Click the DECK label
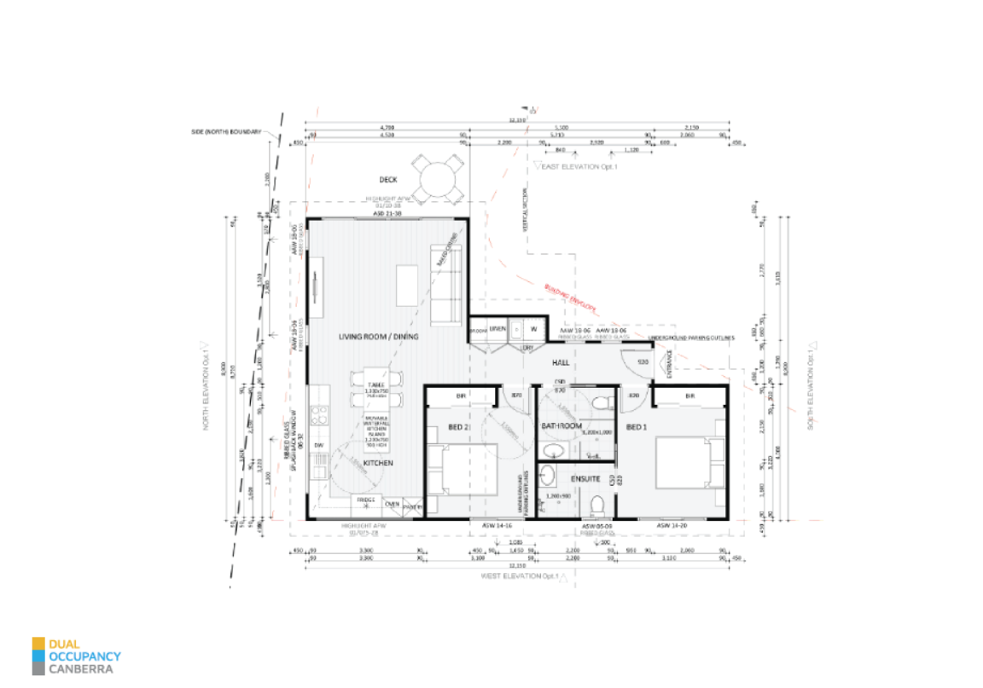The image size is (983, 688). point(389,180)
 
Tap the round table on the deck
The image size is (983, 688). point(435,180)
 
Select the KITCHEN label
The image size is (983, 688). point(377,462)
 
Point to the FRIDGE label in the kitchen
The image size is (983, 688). point(364,500)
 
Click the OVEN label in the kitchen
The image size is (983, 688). point(392,504)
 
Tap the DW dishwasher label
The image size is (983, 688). point(318,445)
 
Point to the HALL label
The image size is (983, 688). point(561,363)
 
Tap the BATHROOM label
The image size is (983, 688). point(561,425)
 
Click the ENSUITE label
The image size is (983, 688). point(574,478)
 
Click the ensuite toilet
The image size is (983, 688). point(598,503)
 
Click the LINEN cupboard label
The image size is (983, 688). point(498,329)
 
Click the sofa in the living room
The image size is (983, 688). point(445,286)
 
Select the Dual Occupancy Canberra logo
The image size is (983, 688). point(77,656)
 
